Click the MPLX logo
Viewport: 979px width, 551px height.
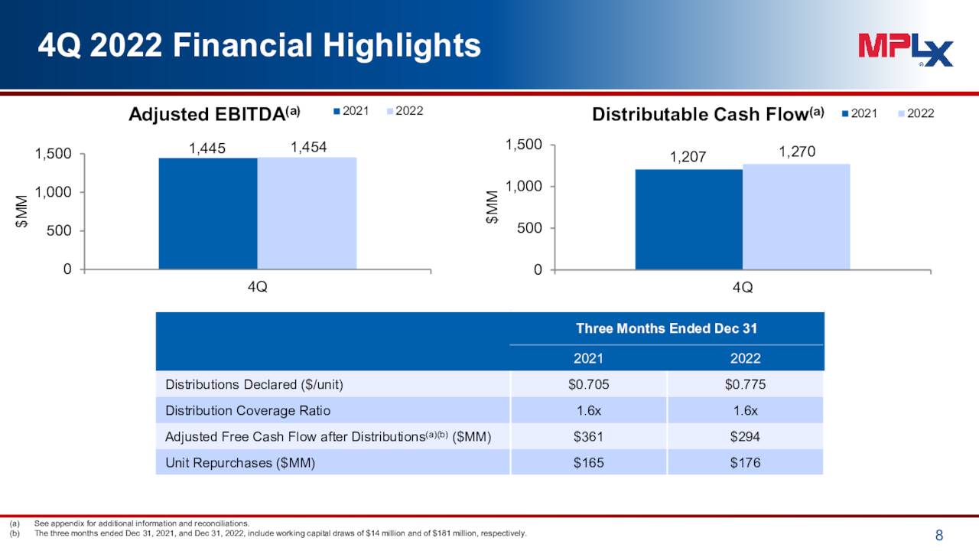coord(905,50)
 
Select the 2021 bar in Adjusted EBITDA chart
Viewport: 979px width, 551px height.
coord(208,214)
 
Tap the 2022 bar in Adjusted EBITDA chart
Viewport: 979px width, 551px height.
coord(307,214)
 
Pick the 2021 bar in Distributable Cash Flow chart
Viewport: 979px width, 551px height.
coord(688,220)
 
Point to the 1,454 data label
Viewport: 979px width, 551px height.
coord(308,147)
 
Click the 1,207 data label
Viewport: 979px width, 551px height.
coord(688,158)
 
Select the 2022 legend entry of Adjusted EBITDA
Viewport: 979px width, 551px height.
coord(405,111)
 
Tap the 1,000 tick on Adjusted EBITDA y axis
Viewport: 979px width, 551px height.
coord(54,192)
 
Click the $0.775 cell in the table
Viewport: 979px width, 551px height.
coord(745,384)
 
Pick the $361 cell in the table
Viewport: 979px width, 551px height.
coord(588,437)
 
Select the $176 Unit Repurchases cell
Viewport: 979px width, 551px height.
coord(745,463)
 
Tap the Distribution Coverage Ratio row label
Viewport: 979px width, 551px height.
coord(248,411)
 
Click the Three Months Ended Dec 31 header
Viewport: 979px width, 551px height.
coord(666,328)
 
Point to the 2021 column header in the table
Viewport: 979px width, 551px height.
coord(588,358)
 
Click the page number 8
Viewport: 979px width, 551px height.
coord(939,536)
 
